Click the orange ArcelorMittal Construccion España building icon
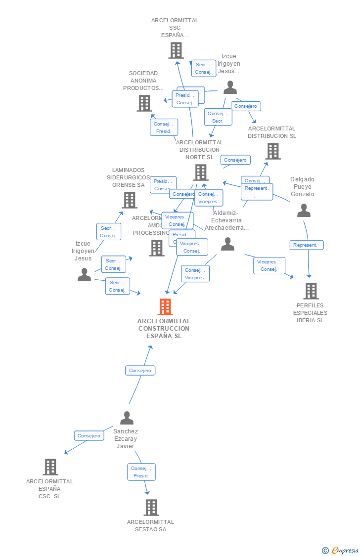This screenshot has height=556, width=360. [x=165, y=307]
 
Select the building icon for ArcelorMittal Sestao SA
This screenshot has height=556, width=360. [x=151, y=508]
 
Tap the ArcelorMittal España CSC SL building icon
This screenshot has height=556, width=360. [x=50, y=467]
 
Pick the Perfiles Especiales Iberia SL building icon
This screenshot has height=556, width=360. [x=311, y=291]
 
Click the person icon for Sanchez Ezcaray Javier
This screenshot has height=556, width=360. [x=127, y=418]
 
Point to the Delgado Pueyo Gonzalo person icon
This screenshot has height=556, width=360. [x=304, y=211]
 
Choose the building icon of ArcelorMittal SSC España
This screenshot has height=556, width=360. [x=176, y=50]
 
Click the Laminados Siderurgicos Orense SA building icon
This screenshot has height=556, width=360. [x=130, y=200]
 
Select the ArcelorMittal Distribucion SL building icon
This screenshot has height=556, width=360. [x=272, y=151]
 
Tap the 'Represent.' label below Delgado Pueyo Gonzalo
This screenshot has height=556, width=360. [x=307, y=245]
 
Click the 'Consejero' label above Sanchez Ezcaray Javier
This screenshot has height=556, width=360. [x=140, y=370]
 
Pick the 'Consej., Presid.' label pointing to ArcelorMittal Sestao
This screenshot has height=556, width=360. [x=141, y=472]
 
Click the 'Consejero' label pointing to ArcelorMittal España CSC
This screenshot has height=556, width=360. [x=89, y=435]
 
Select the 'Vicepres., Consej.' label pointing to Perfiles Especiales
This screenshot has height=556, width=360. [x=269, y=265]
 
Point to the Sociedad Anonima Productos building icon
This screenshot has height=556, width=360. [x=144, y=103]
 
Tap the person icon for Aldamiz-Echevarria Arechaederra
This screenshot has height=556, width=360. [x=227, y=244]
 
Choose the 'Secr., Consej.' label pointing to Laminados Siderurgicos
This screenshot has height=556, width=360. [x=108, y=231]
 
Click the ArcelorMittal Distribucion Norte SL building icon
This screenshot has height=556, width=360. [x=200, y=172]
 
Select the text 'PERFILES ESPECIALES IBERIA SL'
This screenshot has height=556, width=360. [x=310, y=313]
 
